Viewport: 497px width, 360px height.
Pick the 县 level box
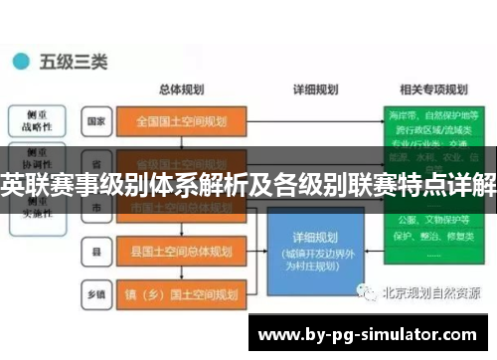[95, 250]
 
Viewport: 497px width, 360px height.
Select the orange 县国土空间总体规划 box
[179, 250]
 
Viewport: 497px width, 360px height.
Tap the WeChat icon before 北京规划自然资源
[370, 292]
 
